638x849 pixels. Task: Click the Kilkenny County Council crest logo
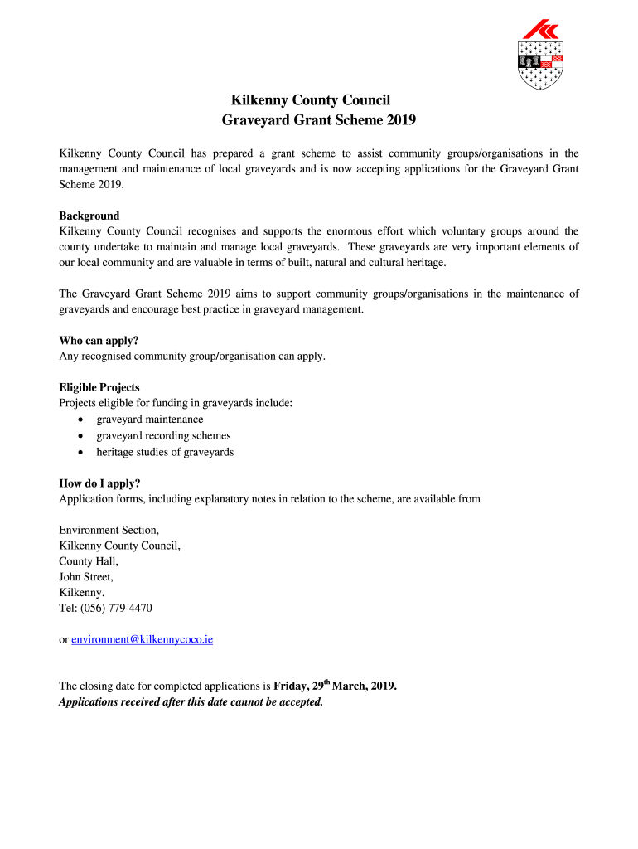click(x=540, y=55)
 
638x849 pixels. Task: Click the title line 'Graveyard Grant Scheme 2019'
click(x=319, y=120)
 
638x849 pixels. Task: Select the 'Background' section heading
click(x=89, y=216)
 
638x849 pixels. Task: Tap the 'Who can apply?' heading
click(x=99, y=340)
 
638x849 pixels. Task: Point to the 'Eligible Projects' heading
click(x=99, y=387)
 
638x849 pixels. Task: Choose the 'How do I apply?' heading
click(x=99, y=483)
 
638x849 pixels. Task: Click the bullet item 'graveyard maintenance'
click(x=149, y=420)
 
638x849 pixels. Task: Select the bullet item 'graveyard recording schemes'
click(x=163, y=436)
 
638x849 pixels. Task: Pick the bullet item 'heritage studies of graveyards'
click(x=165, y=453)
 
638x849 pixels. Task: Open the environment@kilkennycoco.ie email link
click(x=142, y=640)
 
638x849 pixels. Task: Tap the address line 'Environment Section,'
click(x=109, y=530)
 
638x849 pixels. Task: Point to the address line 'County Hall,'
click(x=89, y=561)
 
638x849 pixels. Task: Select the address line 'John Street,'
click(x=86, y=577)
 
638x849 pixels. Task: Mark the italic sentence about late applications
click(x=191, y=702)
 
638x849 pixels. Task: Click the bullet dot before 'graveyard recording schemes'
click(x=80, y=436)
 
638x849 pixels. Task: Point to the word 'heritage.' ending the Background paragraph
click(x=426, y=263)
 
